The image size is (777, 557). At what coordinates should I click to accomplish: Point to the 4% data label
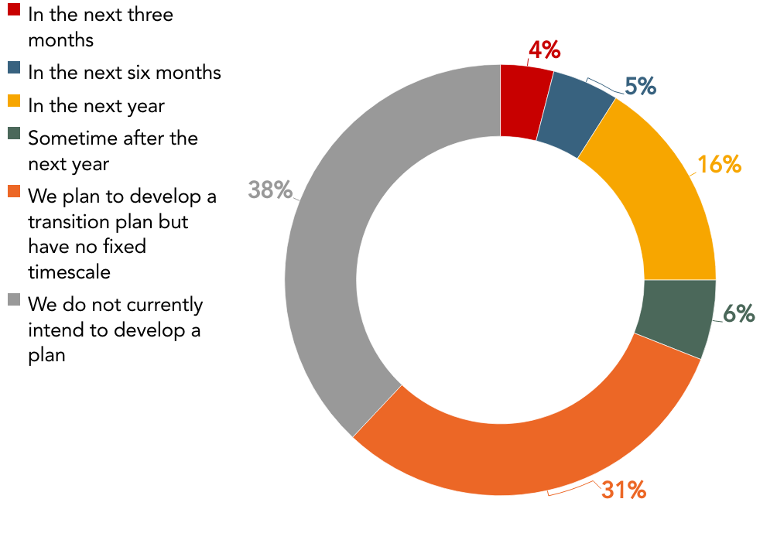[x=544, y=50]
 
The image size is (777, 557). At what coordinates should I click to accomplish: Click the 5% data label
[x=640, y=87]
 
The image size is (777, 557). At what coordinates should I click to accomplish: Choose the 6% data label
[x=738, y=313]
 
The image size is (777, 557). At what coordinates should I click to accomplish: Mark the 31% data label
[x=623, y=490]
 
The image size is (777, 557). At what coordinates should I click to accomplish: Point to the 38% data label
[x=270, y=190]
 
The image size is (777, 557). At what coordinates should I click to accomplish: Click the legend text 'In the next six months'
[x=125, y=72]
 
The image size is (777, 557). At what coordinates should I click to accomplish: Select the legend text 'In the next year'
[x=96, y=105]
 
